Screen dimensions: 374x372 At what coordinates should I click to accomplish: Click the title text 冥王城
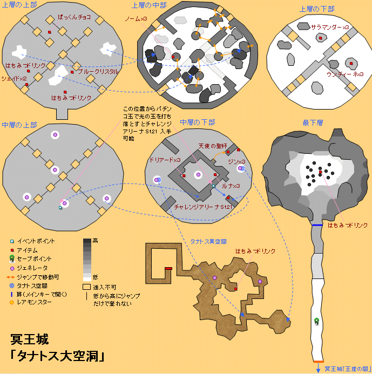pyautogui.click(x=30, y=339)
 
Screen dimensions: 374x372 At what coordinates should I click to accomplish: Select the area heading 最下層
pyautogui.click(x=313, y=123)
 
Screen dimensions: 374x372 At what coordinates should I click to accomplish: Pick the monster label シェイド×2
pyautogui.click(x=14, y=79)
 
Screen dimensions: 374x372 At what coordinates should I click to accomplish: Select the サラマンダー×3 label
pyautogui.click(x=330, y=27)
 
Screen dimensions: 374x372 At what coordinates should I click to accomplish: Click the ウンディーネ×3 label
pyautogui.click(x=345, y=74)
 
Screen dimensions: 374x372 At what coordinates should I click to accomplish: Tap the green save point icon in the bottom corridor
pyautogui.click(x=317, y=322)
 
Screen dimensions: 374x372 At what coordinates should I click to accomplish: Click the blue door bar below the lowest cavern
pyautogui.click(x=317, y=224)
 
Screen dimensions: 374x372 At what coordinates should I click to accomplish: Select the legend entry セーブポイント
pyautogui.click(x=36, y=259)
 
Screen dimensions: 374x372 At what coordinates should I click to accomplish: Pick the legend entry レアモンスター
pyautogui.click(x=36, y=303)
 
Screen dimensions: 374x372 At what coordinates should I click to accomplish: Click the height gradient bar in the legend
pyautogui.click(x=87, y=259)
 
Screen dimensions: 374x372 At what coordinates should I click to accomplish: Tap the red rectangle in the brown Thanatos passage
pyautogui.click(x=168, y=268)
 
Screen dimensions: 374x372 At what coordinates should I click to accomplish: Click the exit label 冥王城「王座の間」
pyautogui.click(x=346, y=369)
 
